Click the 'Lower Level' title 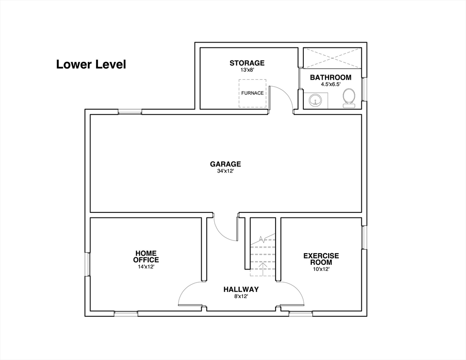pos(91,65)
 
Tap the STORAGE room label pos(247,63)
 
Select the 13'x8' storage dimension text pos(247,70)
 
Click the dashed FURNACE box pos(252,93)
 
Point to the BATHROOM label pos(331,77)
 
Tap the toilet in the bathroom pos(349,98)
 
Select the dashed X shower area pos(332,58)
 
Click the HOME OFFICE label pos(146,256)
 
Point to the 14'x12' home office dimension pos(146,267)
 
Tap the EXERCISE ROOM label pos(321,259)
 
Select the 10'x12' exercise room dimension pos(321,270)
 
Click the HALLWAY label pos(241,289)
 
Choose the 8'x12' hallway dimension pos(241,296)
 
